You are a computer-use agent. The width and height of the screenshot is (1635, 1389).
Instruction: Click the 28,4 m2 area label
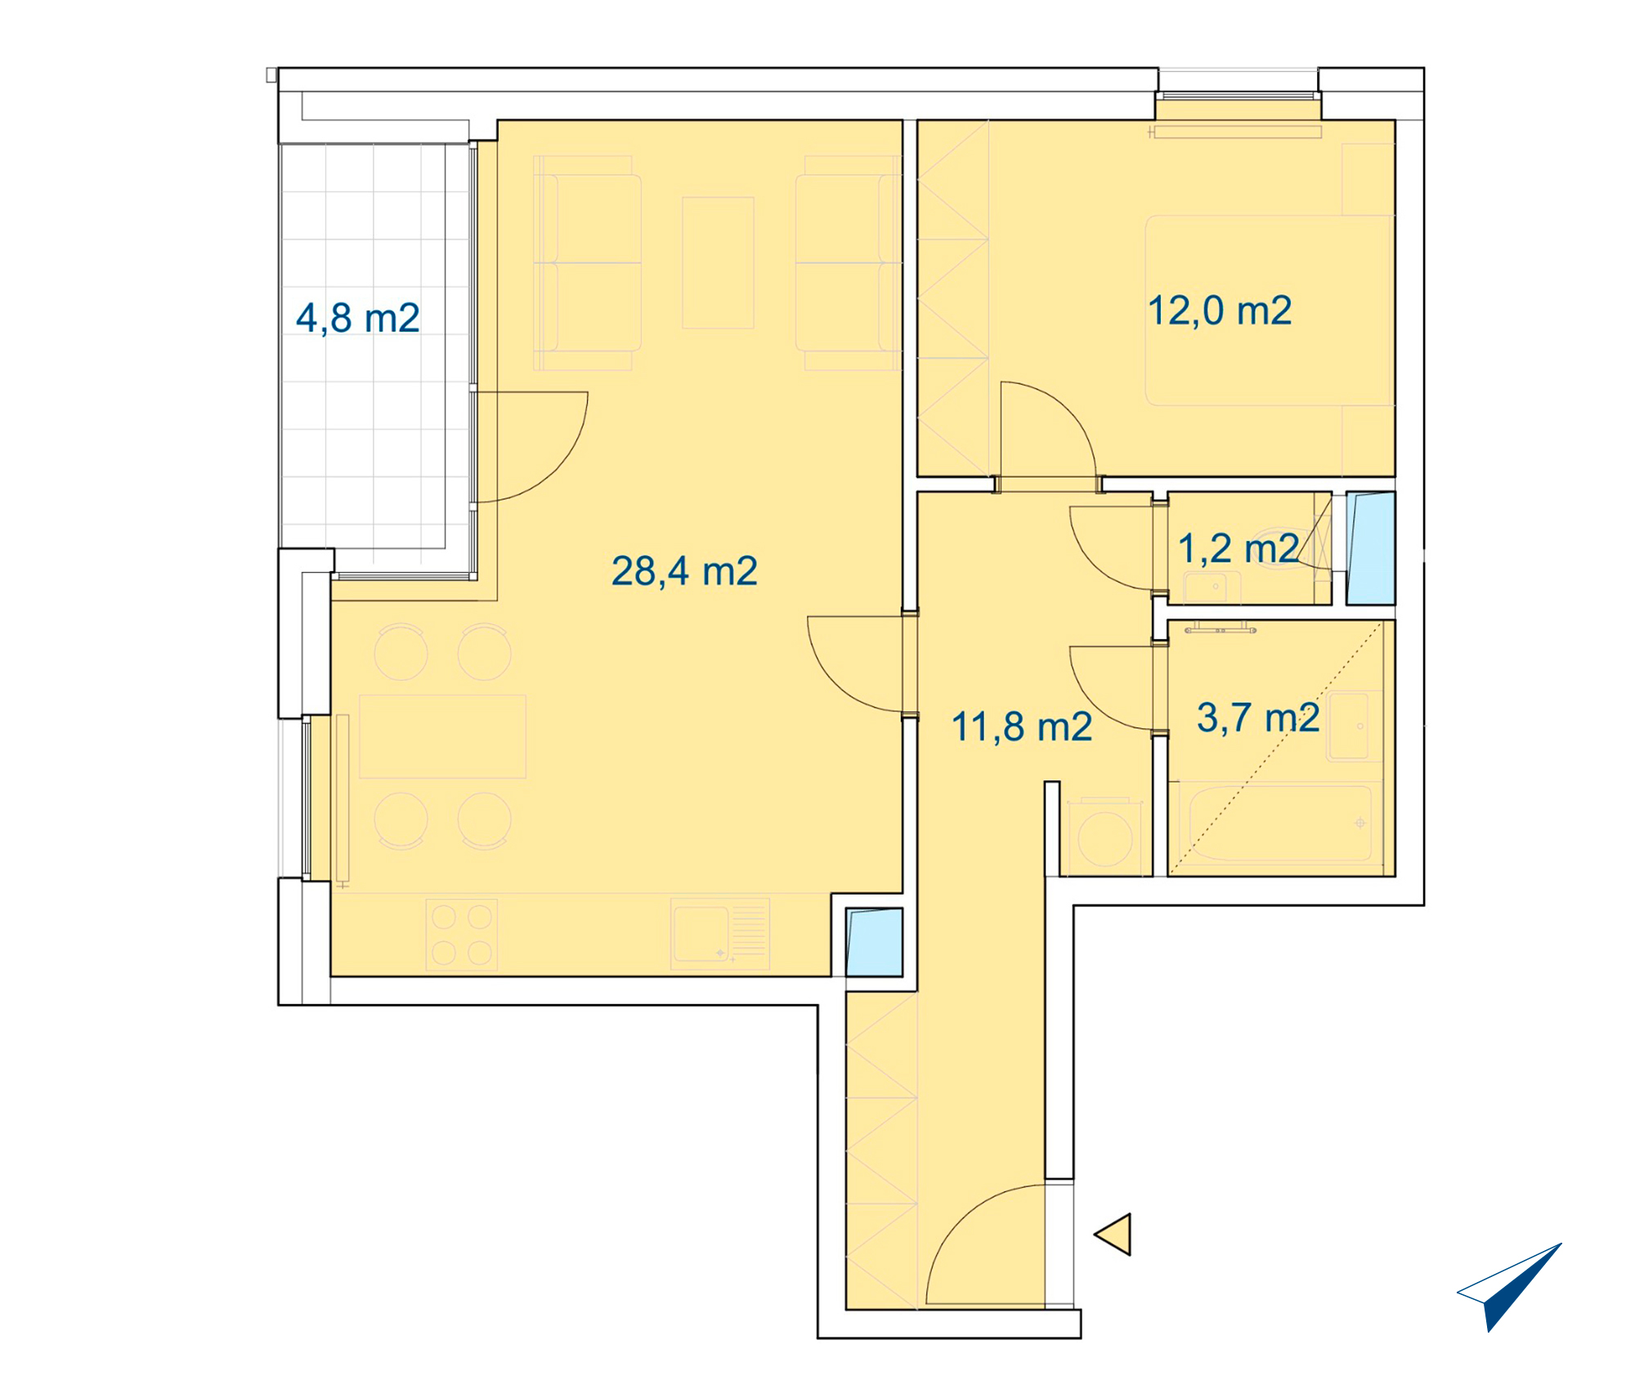pyautogui.click(x=684, y=571)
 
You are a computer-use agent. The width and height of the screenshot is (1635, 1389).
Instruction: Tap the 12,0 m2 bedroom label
pyautogui.click(x=1220, y=311)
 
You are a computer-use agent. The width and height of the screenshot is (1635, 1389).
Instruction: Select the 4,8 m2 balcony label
pyautogui.click(x=358, y=318)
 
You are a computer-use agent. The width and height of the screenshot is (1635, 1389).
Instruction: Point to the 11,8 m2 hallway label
pyautogui.click(x=1022, y=726)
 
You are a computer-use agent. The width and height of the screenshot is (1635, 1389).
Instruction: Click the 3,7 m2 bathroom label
pyautogui.click(x=1258, y=717)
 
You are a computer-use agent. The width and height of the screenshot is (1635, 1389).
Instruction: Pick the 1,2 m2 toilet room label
pyautogui.click(x=1239, y=548)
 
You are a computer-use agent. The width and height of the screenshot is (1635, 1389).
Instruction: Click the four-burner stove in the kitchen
pyautogui.click(x=462, y=935)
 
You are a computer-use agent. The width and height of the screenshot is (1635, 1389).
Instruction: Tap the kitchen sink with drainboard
pyautogui.click(x=720, y=934)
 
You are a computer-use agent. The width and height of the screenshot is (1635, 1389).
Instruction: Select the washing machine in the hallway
pyautogui.click(x=1105, y=837)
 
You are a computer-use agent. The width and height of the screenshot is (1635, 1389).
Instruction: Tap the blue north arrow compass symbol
pyautogui.click(x=1509, y=1288)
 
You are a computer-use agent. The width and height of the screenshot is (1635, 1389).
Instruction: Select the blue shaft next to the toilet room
pyautogui.click(x=1371, y=547)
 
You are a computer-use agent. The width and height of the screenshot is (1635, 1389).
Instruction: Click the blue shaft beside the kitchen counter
pyautogui.click(x=874, y=942)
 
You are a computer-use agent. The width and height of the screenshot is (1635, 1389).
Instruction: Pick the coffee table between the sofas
pyautogui.click(x=718, y=262)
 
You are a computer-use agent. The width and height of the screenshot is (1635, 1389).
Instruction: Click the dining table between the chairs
pyautogui.click(x=442, y=736)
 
